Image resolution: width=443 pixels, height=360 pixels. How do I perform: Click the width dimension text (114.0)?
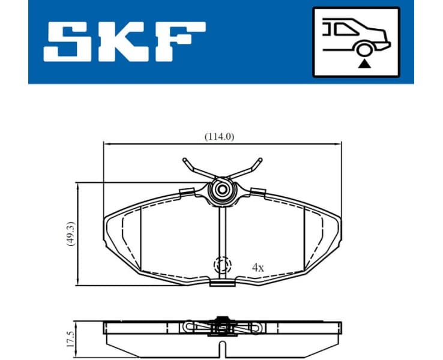click(220, 136)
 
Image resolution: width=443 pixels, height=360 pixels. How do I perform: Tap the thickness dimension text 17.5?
click(70, 337)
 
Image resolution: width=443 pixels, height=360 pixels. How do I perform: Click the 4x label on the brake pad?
click(258, 268)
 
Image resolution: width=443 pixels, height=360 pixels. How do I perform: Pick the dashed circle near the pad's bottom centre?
click(222, 265)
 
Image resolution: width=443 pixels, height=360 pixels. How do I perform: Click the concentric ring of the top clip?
click(221, 190)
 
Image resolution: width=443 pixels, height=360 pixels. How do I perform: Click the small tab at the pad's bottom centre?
click(222, 281)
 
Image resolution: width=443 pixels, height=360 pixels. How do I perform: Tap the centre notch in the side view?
click(222, 347)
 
